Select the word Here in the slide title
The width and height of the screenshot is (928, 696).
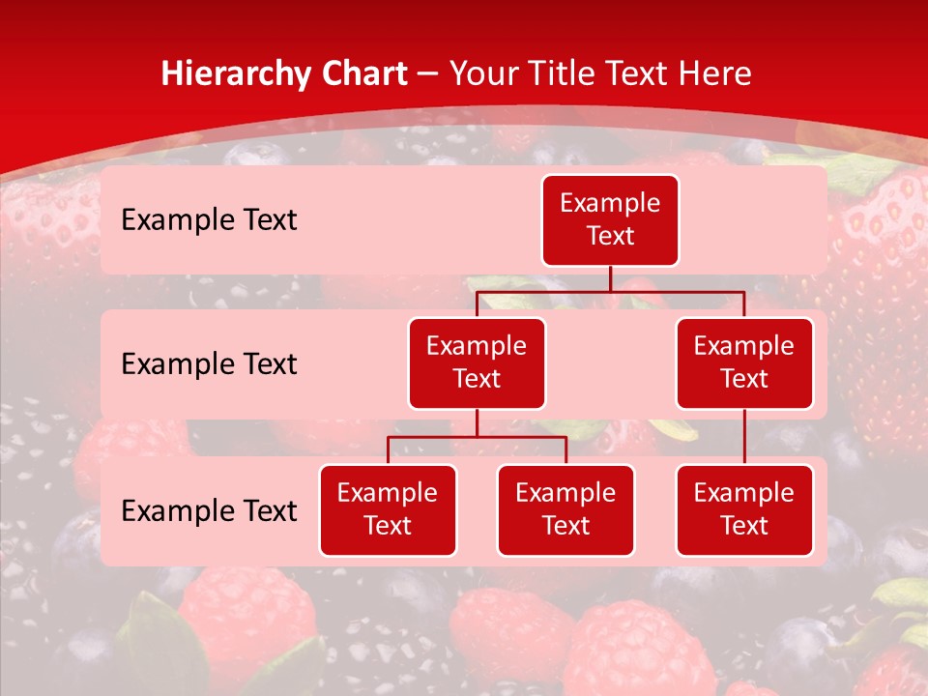tap(717, 73)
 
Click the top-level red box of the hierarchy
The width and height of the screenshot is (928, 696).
tap(610, 220)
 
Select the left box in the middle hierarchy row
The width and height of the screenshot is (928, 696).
tap(477, 363)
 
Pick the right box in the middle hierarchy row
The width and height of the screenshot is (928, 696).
tap(744, 363)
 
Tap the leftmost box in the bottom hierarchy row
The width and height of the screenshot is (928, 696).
tap(388, 510)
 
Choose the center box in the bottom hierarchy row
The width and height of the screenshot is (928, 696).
tap(565, 510)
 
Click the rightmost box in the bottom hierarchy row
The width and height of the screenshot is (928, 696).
tap(744, 510)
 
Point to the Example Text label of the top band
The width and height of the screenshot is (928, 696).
tap(209, 220)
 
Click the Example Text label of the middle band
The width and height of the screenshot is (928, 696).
tap(209, 364)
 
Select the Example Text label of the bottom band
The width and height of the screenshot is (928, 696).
tap(209, 510)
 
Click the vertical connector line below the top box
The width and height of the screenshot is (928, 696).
tap(610, 278)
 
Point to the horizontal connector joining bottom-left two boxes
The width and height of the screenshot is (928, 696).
tap(477, 437)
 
